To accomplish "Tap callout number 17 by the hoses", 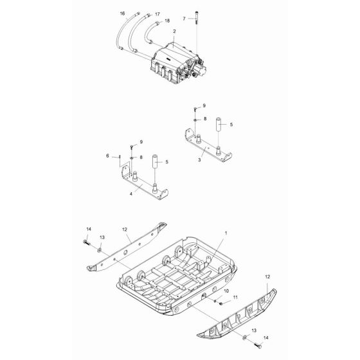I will point(140,14).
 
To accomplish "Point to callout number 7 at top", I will point(184,19).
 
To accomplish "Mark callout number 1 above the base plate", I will point(226,230).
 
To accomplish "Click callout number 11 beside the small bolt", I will point(235,297).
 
